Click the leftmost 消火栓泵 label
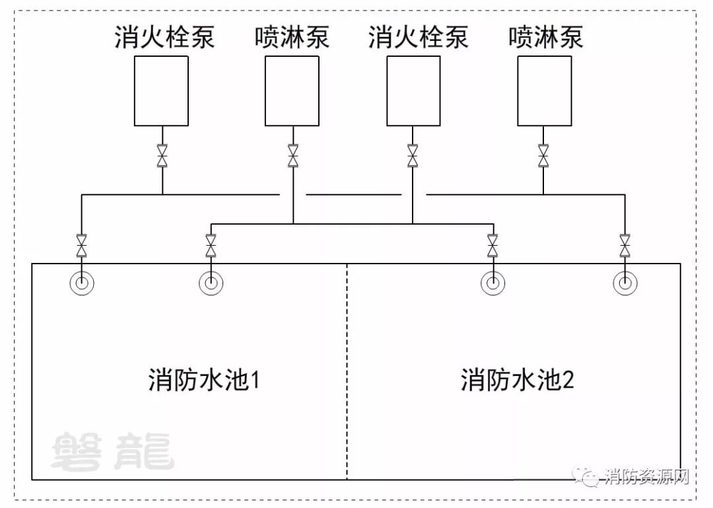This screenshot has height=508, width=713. coord(164,37)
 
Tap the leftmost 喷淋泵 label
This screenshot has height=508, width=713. coord(292,37)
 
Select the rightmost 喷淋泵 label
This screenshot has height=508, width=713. coord(545,37)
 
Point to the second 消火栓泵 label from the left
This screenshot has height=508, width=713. coord(418,37)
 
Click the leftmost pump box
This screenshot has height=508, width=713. coord(161,91)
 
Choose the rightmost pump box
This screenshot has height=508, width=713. coord(544,91)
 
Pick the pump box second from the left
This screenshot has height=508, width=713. coord(292,91)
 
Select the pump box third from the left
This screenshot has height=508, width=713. coord(413,91)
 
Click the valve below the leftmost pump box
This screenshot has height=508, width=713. coord(162,156)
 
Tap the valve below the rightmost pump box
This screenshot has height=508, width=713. coord(543,156)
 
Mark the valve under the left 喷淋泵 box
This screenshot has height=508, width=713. coord(293,156)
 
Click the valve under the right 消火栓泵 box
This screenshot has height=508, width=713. coord(413,156)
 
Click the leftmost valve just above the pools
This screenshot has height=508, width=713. coord(81,246)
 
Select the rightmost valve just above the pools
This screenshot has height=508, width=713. coord(625,246)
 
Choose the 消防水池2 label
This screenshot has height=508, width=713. coord(518,381)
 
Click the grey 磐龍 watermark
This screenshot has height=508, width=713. coord(112,452)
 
